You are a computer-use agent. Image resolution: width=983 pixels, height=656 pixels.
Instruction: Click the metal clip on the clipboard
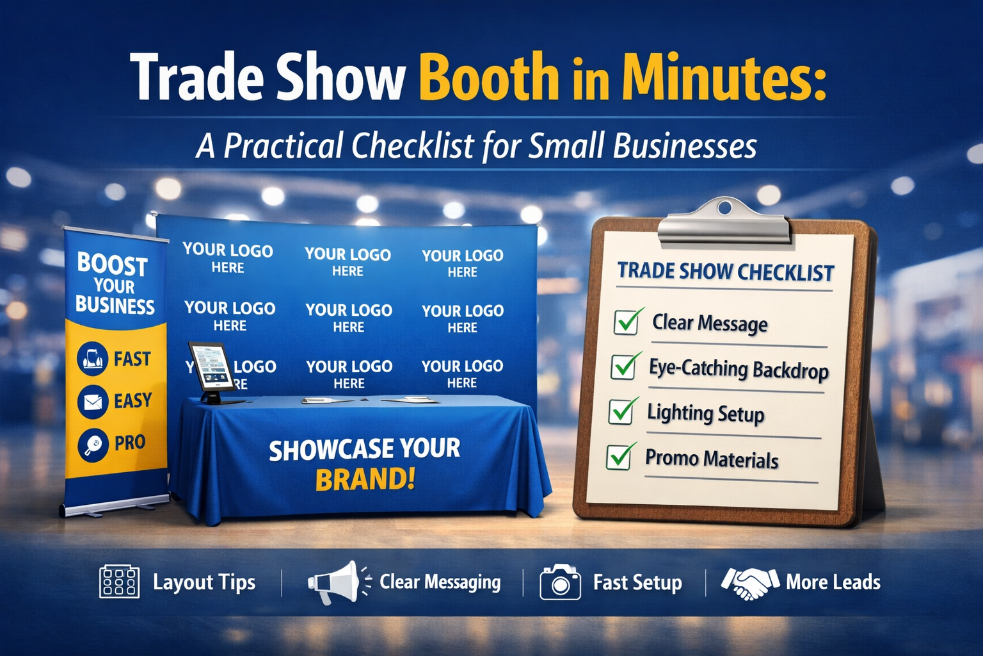coord(724,222)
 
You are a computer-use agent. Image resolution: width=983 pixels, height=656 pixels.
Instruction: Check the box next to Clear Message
coord(626,322)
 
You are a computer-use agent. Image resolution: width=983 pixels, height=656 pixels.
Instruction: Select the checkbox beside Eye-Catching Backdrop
coord(623,366)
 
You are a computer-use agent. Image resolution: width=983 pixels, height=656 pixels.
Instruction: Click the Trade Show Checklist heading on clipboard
coord(725,272)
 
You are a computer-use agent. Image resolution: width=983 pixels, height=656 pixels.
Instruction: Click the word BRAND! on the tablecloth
coord(365,479)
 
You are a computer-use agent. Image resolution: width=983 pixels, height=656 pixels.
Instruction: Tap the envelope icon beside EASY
coord(93,402)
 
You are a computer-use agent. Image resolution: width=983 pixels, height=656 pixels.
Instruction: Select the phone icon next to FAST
coord(93,358)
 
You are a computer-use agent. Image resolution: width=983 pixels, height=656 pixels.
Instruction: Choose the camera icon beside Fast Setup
coord(560,582)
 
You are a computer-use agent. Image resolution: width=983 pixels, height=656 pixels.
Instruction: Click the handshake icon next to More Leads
coord(749,582)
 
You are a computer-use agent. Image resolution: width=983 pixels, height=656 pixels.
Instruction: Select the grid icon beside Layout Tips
coord(119,582)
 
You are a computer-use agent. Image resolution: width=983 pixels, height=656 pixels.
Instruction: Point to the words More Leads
coord(833,582)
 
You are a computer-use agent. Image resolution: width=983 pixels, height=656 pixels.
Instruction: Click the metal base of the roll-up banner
coord(109,508)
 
